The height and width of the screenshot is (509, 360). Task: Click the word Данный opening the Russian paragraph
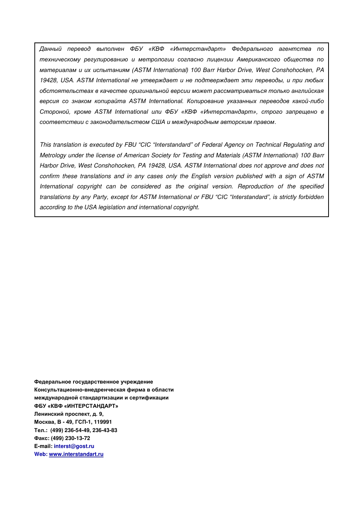coord(50,49)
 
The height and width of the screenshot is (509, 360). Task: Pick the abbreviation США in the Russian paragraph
coord(158,122)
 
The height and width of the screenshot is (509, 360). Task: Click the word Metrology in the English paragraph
coord(53,155)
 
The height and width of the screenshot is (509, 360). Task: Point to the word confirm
coord(50,176)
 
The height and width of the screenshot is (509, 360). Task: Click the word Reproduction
coord(255,186)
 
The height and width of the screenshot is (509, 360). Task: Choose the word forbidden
coord(311,197)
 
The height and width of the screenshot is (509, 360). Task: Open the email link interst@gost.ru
coord(74,446)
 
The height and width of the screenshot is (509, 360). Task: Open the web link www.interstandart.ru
coord(76,454)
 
